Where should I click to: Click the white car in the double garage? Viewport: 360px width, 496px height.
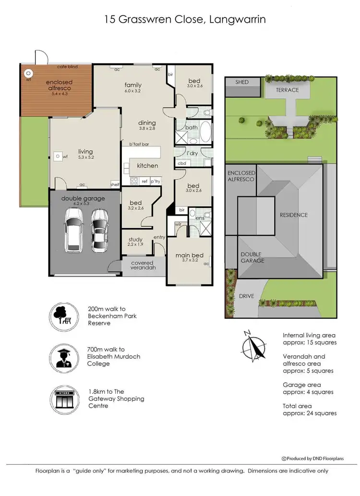pyautogui.click(x=74, y=234)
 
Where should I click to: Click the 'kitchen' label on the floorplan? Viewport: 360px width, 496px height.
pyautogui.click(x=147, y=166)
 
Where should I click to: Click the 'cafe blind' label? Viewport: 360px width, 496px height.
pyautogui.click(x=68, y=67)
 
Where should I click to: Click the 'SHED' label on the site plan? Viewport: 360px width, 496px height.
pyautogui.click(x=242, y=82)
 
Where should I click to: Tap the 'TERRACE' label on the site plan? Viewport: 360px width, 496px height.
pyautogui.click(x=287, y=90)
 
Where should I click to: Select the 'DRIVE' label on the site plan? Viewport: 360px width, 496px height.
pyautogui.click(x=246, y=296)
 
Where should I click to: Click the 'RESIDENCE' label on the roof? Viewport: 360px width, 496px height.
pyautogui.click(x=293, y=215)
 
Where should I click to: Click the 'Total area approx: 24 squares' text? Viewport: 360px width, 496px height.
pyautogui.click(x=310, y=410)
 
